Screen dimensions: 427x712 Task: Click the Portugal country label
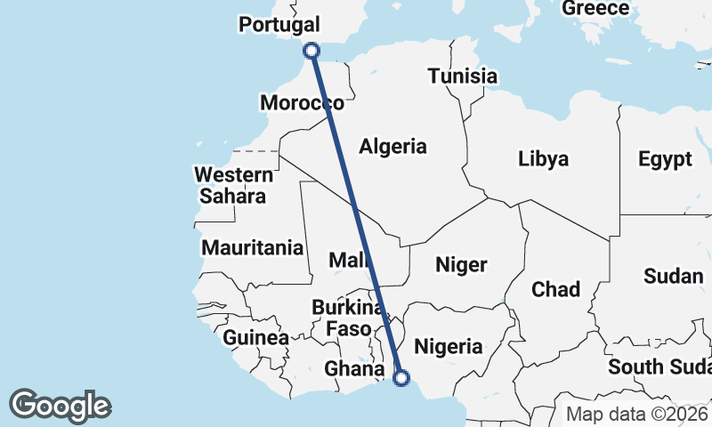279,25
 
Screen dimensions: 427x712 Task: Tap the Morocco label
302,103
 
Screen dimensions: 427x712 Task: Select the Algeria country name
392,147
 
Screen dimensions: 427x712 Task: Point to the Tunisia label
462,76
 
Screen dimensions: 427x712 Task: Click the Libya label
543,160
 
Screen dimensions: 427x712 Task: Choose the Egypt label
664,160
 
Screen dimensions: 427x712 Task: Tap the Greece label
595,8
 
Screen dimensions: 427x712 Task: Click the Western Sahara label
232,185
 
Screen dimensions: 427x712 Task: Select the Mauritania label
253,248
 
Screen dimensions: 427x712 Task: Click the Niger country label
461,265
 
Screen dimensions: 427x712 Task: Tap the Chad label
555,289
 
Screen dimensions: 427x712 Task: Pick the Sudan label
673,277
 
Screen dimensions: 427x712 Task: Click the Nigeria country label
449,347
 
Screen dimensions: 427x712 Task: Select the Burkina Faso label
348,318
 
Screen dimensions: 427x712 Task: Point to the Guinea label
255,338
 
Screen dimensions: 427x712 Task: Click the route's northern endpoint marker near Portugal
311,51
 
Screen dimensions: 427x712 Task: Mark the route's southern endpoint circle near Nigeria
401,378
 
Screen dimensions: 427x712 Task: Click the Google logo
61,406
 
